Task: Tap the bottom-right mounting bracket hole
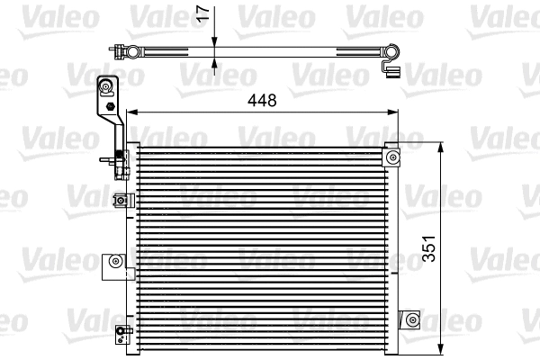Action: (x=412, y=319)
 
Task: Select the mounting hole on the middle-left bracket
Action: (x=114, y=262)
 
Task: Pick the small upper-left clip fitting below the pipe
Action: (x=118, y=201)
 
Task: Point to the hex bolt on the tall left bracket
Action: (x=110, y=107)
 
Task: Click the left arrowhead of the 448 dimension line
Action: (x=130, y=112)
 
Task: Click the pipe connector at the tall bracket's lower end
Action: (x=120, y=163)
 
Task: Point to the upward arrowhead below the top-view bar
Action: (x=215, y=63)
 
